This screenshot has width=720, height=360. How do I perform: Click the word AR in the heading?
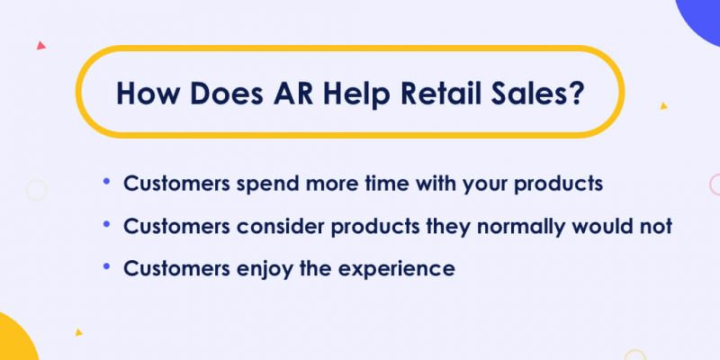[x=292, y=94]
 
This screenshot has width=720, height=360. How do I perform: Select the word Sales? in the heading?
[x=539, y=94]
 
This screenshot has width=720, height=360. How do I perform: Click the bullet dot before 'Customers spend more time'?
[x=107, y=182]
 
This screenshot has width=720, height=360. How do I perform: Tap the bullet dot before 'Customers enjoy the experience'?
[x=107, y=267]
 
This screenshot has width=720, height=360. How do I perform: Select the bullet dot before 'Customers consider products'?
[x=107, y=224]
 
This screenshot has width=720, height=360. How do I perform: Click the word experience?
[x=396, y=270]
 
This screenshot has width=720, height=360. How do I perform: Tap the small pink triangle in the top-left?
[x=40, y=45]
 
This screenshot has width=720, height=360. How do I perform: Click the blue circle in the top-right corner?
[x=702, y=18]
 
